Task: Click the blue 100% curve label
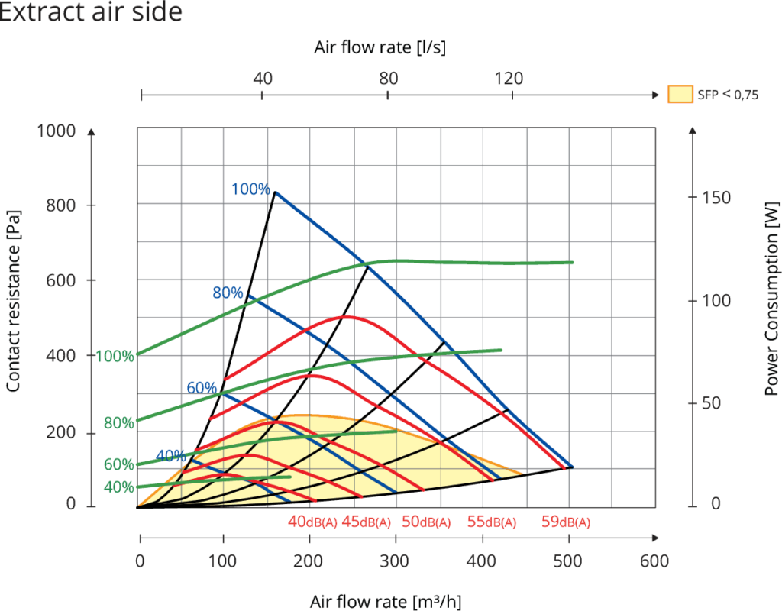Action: tap(250, 189)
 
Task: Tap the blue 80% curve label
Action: tap(228, 292)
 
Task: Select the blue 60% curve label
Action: tap(202, 387)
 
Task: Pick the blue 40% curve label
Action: tap(170, 456)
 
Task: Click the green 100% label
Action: tap(115, 356)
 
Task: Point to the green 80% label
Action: tap(119, 423)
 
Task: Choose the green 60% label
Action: tap(119, 464)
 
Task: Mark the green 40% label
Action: tap(119, 487)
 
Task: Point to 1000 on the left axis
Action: tap(57, 131)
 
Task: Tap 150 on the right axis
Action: tap(717, 198)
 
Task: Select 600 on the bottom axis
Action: tap(654, 561)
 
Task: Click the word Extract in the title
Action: tap(39, 13)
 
